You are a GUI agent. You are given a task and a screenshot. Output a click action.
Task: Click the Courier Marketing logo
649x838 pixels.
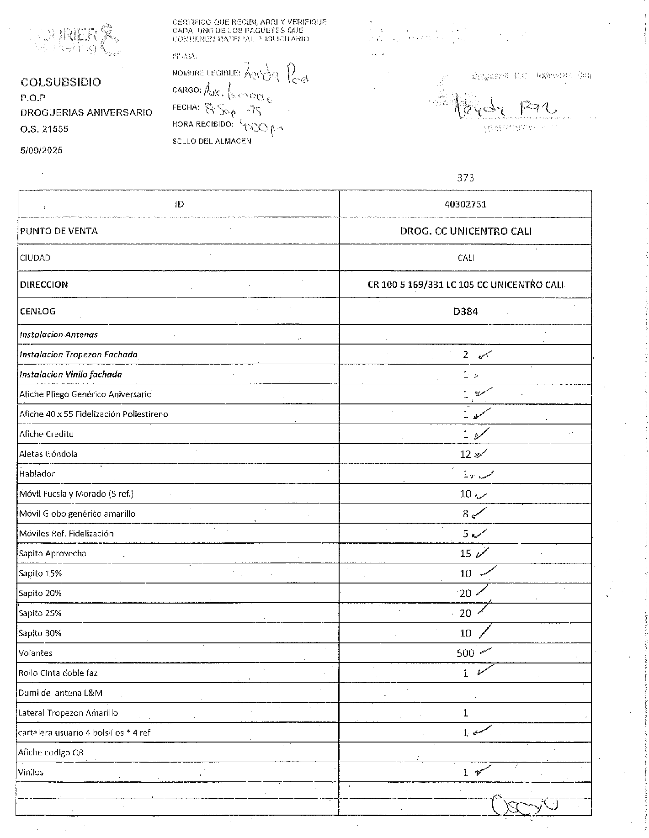(75, 40)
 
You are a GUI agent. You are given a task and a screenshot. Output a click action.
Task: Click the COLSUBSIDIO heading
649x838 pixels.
(61, 82)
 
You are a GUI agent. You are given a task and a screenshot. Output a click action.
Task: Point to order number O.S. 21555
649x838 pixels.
(44, 129)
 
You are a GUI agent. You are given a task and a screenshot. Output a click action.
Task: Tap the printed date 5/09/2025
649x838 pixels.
(41, 150)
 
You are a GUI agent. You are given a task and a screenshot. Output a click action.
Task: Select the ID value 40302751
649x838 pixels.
(465, 204)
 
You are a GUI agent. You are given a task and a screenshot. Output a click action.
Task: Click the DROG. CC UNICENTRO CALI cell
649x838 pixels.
(465, 231)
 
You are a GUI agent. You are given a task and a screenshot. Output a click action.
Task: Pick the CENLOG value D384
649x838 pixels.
(465, 312)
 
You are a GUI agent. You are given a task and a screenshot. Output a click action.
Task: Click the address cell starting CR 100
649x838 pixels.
(465, 285)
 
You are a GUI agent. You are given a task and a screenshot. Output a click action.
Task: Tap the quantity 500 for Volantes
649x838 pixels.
(465, 653)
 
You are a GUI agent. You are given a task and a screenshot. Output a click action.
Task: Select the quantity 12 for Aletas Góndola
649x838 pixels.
(465, 454)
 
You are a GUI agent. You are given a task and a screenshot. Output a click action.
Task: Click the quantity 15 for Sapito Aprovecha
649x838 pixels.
(465, 554)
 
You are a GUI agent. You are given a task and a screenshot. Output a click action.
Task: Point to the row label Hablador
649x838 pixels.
(37, 474)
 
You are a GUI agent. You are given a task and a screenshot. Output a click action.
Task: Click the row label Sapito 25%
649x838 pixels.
(40, 613)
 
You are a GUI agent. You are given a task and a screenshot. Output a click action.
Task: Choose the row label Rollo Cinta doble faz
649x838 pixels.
(58, 673)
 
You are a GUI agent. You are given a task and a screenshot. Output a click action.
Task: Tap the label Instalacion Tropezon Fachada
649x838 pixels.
(78, 355)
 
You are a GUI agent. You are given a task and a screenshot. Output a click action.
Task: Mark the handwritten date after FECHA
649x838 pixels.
(233, 110)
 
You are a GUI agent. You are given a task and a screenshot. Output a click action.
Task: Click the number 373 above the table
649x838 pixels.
(465, 178)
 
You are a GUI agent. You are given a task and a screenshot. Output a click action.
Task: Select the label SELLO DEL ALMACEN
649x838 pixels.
(212, 142)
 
